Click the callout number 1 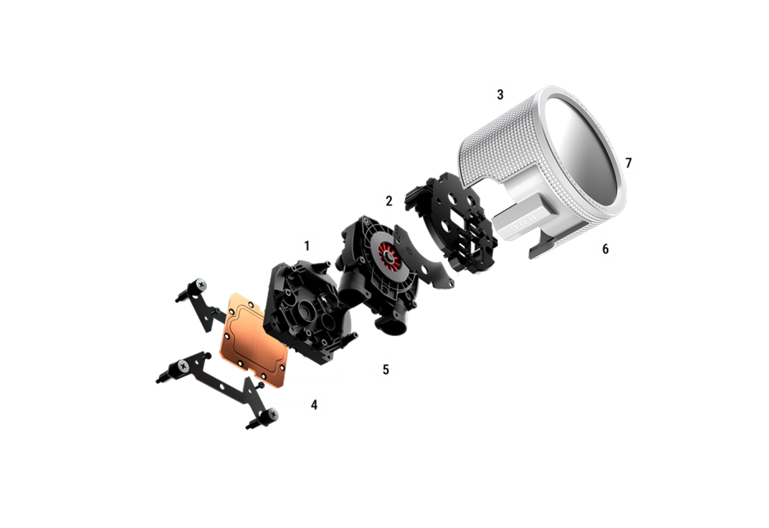pos(307,246)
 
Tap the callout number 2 pos(388,201)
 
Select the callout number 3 pos(500,94)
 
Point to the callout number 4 pos(314,405)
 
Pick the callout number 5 pos(386,370)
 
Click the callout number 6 pos(605,248)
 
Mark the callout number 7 pos(628,162)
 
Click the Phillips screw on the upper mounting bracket pos(201,284)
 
